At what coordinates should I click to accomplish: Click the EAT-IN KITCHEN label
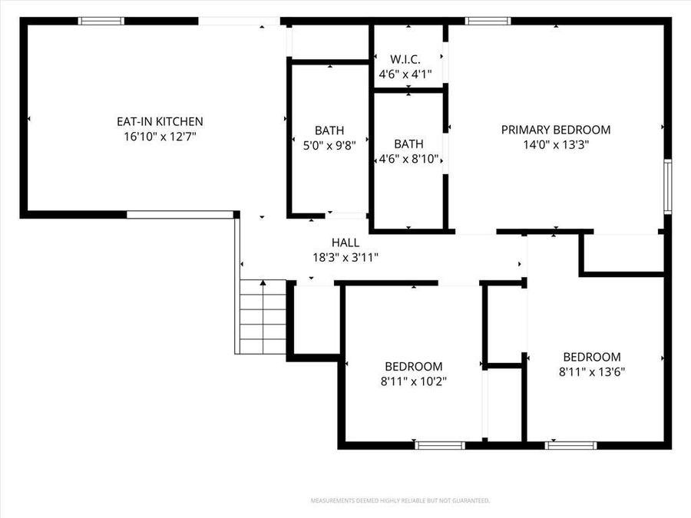(160, 121)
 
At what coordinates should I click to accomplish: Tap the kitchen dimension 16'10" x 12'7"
(160, 137)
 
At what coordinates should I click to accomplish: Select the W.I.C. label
(405, 59)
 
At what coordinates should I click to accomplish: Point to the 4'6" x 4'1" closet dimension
(405, 74)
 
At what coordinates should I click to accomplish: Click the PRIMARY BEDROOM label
(556, 130)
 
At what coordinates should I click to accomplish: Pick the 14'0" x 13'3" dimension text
(556, 144)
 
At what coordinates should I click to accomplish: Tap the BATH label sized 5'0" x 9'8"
(329, 130)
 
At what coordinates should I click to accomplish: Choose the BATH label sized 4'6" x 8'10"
(408, 144)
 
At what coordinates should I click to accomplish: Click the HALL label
(345, 243)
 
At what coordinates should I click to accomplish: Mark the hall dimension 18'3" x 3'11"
(345, 257)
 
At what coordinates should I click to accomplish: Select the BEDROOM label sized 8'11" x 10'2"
(414, 366)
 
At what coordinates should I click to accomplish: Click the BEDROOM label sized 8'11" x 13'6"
(592, 357)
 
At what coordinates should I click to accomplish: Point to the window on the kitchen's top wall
(102, 21)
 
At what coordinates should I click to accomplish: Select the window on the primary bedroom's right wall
(667, 186)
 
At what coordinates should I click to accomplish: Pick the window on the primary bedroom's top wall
(488, 21)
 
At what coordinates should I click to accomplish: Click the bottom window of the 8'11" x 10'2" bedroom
(440, 444)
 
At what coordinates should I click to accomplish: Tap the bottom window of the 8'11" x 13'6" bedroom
(571, 444)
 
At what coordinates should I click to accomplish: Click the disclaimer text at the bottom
(400, 500)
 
